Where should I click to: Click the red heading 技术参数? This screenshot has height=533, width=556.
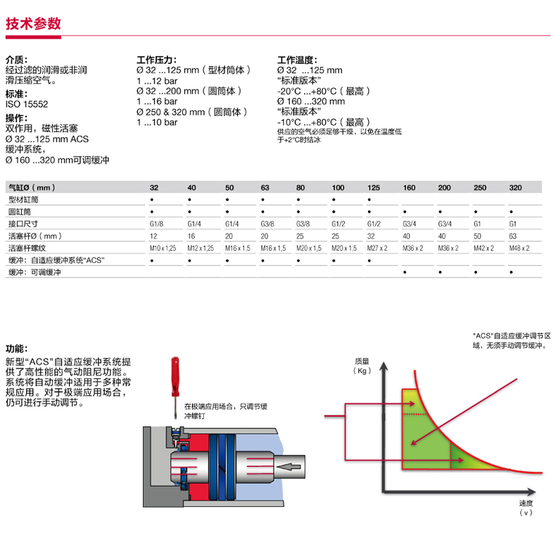pyautogui.click(x=33, y=24)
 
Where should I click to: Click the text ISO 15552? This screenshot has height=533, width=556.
pyautogui.click(x=27, y=104)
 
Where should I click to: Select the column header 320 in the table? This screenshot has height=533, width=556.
pyautogui.click(x=514, y=188)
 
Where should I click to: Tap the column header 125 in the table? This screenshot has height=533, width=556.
pyautogui.click(x=374, y=188)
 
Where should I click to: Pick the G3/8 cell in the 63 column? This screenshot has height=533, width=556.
pyautogui.click(x=265, y=224)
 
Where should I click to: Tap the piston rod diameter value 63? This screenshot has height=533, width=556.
pyautogui.click(x=513, y=236)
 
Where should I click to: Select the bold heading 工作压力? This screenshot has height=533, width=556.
pyautogui.click(x=156, y=60)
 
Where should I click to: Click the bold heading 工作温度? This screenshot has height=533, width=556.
pyautogui.click(x=298, y=60)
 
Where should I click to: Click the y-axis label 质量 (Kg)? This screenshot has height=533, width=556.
pyautogui.click(x=364, y=366)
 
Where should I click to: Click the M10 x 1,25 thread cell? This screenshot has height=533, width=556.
pyautogui.click(x=161, y=248)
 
